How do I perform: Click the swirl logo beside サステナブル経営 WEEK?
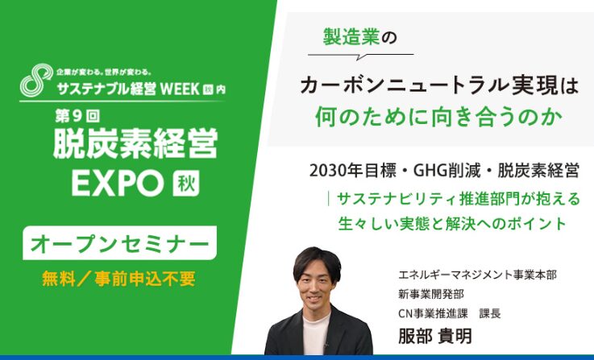pyautogui.click(x=36, y=80)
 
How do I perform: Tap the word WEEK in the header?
pyautogui.click(x=180, y=89)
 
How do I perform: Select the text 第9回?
pyautogui.click(x=77, y=117)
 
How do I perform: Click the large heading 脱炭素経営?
pyautogui.click(x=135, y=143)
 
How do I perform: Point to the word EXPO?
pyautogui.click(x=118, y=184)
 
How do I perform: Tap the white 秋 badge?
pyautogui.click(x=186, y=184)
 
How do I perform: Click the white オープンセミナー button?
pyautogui.click(x=120, y=243)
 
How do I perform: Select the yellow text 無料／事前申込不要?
pyautogui.click(x=119, y=279)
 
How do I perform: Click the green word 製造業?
pyautogui.click(x=351, y=37)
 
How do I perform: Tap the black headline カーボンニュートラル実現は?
pyautogui.click(x=439, y=86)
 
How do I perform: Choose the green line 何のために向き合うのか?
pyautogui.click(x=438, y=116)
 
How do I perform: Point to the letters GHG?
pyautogui.click(x=430, y=171)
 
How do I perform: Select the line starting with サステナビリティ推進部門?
pyautogui.click(x=459, y=199)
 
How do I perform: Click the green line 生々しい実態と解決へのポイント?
pyautogui.click(x=452, y=223)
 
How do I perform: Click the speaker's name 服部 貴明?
pyautogui.click(x=435, y=335)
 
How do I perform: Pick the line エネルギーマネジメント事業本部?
pyautogui.click(x=477, y=275)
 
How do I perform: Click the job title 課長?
pyautogui.click(x=490, y=313)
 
